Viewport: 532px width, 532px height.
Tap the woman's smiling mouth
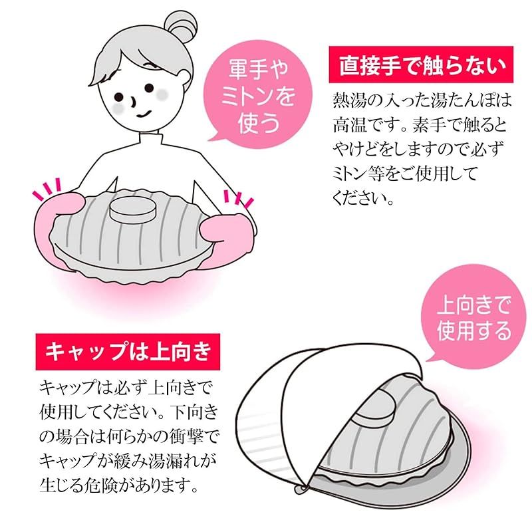point(142,113)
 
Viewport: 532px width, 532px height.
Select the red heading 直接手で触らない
point(422,68)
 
